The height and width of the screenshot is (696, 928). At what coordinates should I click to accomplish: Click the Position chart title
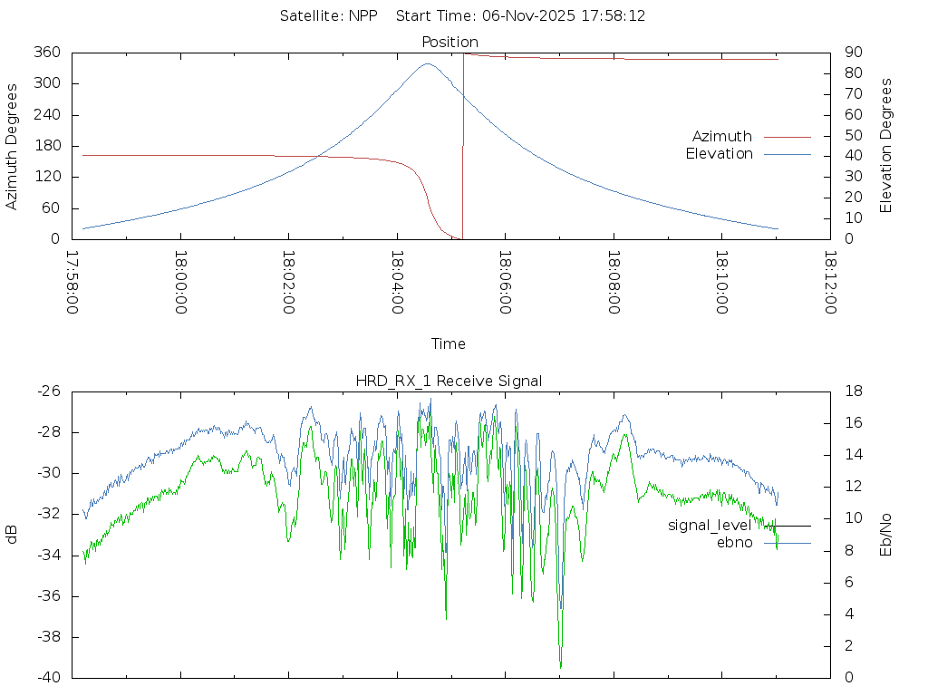tap(450, 42)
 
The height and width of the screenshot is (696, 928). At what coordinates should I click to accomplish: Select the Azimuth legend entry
tap(722, 137)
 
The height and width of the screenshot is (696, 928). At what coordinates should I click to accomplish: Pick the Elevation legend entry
tap(719, 154)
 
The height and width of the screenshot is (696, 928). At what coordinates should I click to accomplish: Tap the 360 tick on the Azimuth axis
tap(47, 53)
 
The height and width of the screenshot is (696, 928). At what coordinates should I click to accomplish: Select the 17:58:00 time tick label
tap(72, 284)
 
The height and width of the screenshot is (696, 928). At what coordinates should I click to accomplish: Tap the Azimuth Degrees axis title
tap(12, 146)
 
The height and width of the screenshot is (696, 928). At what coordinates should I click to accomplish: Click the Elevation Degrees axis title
tap(887, 146)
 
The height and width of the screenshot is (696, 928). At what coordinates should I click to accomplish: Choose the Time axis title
tap(449, 344)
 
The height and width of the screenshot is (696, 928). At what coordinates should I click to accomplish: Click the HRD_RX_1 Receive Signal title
tap(449, 382)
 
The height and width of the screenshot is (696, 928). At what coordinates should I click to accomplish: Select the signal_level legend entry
tap(710, 526)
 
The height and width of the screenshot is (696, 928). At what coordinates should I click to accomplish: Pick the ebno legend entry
tap(735, 543)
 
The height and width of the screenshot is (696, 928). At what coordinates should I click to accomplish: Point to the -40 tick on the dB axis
tap(48, 678)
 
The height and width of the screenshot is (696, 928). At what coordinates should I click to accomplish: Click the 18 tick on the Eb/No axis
tap(854, 391)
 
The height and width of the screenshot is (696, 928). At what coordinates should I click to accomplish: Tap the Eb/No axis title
tap(887, 535)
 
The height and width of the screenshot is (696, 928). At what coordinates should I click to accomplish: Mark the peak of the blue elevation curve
tap(428, 63)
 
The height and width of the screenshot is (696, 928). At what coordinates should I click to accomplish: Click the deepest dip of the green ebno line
tap(561, 667)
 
